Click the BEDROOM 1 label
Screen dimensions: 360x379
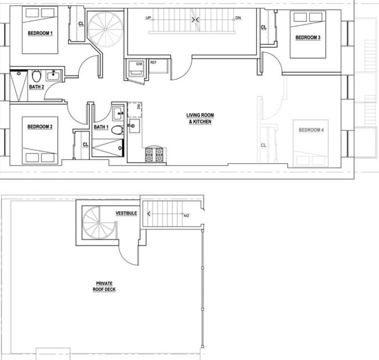tap(40, 33)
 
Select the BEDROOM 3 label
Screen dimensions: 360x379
tap(307, 38)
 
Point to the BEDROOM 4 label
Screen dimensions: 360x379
tap(311, 130)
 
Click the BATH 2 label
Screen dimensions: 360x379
tap(36, 87)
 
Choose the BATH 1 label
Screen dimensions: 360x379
tap(101, 127)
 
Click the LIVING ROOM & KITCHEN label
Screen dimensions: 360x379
tap(199, 119)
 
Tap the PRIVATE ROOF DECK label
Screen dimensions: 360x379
tap(106, 286)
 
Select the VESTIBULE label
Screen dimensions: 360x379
tap(126, 214)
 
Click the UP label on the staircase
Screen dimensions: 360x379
tap(149, 18)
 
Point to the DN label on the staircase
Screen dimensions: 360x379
tap(238, 18)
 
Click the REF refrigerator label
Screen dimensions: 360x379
tap(153, 62)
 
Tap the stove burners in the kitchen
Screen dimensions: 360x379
tap(154, 154)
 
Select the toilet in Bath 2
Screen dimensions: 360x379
tap(36, 76)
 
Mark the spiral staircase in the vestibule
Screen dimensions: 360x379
tap(96, 224)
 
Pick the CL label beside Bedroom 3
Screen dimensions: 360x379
tap(264, 27)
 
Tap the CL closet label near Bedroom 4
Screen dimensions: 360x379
tap(264, 145)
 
